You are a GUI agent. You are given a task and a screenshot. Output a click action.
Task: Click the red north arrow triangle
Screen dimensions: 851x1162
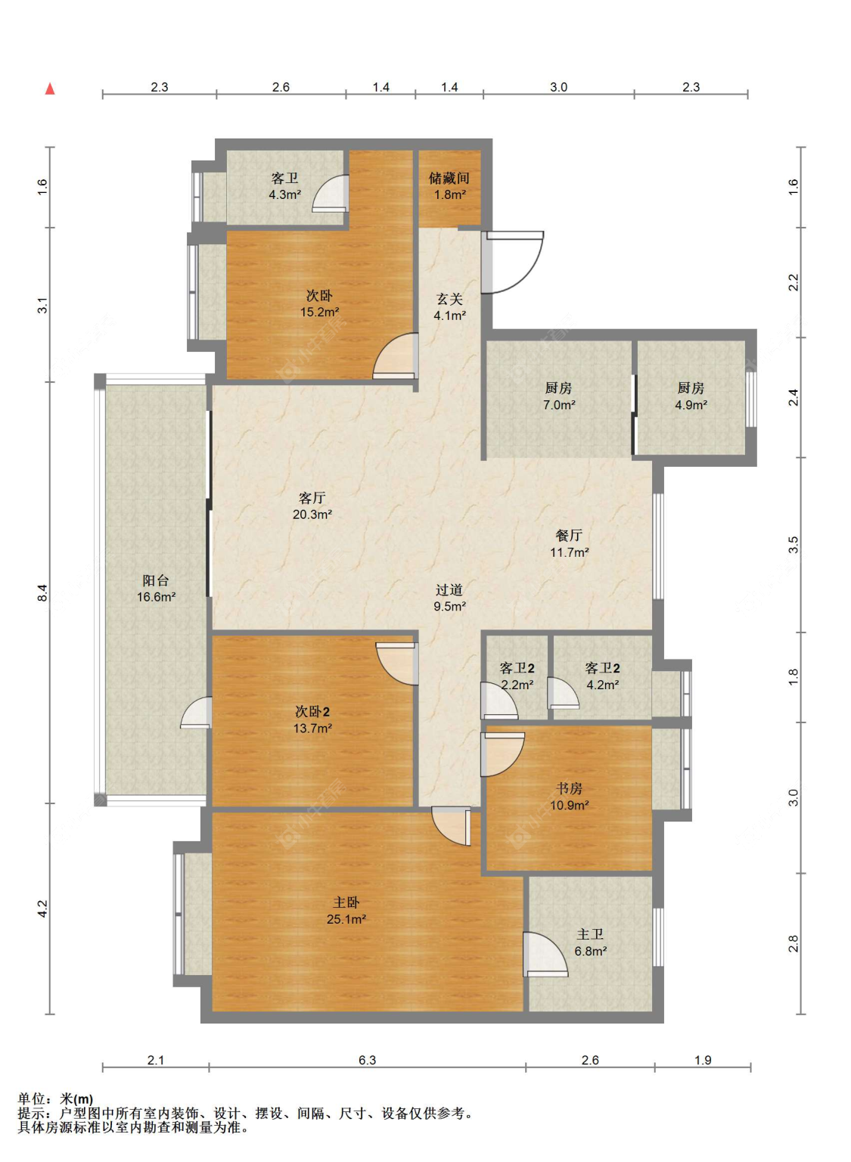[50, 89]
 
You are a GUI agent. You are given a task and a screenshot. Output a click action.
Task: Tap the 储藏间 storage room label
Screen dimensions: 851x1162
[449, 178]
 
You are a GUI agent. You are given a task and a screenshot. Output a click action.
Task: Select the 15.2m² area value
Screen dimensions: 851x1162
[319, 312]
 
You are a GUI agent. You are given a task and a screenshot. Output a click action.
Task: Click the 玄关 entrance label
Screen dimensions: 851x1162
[449, 299]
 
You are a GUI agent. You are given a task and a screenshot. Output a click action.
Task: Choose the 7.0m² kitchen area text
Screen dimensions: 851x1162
[559, 405]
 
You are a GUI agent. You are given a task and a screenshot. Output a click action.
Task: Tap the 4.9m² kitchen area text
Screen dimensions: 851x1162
[691, 405]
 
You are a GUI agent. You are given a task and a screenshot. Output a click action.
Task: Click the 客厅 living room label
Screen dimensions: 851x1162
[312, 498]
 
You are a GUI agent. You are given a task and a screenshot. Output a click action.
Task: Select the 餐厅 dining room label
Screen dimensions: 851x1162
[569, 535]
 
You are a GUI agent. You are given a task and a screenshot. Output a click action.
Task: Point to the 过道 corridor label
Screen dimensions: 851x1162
[449, 589]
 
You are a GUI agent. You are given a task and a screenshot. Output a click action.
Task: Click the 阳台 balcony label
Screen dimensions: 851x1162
[156, 580]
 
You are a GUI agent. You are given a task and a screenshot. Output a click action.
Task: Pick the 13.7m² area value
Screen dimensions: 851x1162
[312, 728]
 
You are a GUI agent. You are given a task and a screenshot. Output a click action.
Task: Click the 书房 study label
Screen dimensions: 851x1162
[569, 788]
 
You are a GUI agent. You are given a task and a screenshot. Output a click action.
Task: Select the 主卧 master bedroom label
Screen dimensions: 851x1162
[346, 902]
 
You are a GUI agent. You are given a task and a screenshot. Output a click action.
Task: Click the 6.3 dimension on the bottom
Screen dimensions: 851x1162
[367, 1060]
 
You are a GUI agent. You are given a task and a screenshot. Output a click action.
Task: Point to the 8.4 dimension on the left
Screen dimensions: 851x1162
[42, 593]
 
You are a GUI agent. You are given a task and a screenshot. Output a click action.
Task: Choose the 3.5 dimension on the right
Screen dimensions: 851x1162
[793, 545]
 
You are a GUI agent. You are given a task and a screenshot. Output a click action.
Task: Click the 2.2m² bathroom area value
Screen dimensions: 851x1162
[517, 685]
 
